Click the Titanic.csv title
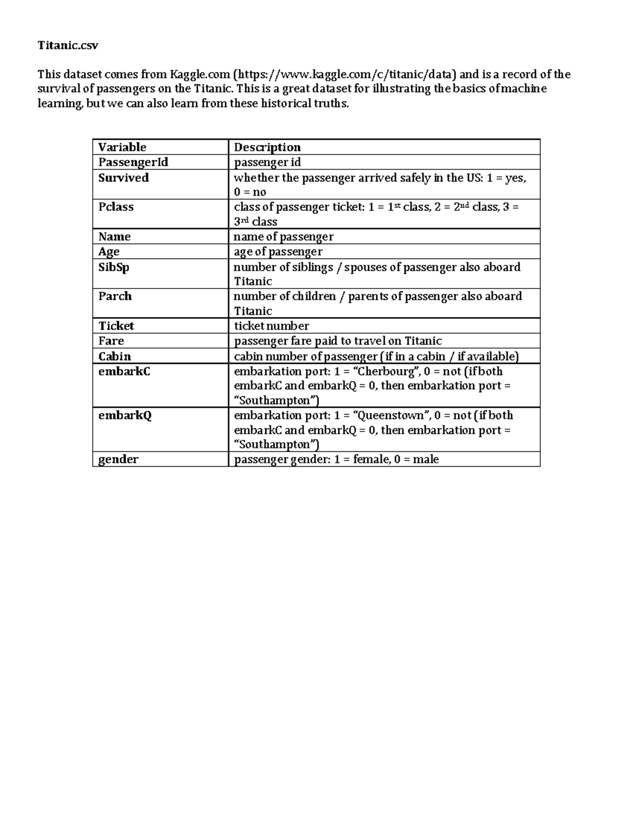pos(68,45)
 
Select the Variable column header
pos(122,147)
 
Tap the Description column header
pos(267,147)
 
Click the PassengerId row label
pos(133,162)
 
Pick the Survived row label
pos(123,178)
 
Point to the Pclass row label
pos(116,207)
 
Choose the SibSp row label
pos(113,267)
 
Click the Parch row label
pos(115,296)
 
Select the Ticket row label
pos(116,325)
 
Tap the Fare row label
pos(111,341)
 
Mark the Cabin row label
pos(114,356)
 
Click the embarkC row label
pos(124,371)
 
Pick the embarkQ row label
pos(125,416)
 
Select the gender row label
pos(118,459)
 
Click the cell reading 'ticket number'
pos(271,326)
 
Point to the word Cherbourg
pos(386,371)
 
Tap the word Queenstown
pos(390,416)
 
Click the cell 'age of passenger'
pos(278,252)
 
